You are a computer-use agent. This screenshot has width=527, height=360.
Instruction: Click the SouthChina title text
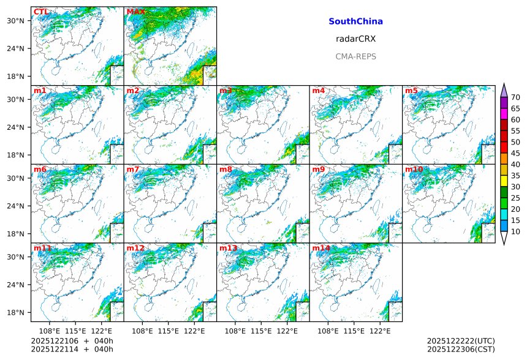(355, 21)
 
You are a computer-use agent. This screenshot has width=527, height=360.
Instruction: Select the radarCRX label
(355, 39)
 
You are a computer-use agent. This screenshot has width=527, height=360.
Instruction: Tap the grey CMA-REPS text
(355, 56)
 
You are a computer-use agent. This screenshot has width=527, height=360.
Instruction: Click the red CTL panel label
(41, 12)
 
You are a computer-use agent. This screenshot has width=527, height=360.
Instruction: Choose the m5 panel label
(411, 91)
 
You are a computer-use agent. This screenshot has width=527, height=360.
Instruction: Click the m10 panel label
(414, 170)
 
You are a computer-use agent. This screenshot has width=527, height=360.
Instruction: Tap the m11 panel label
(43, 248)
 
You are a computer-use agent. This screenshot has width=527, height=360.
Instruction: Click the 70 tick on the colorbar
(515, 97)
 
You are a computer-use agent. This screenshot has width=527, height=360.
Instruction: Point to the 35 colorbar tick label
(515, 176)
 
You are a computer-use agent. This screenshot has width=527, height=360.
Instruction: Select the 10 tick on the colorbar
(515, 231)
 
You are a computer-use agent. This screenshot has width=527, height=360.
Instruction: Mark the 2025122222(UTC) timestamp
(460, 341)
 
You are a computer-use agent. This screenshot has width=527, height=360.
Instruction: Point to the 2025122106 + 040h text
(72, 341)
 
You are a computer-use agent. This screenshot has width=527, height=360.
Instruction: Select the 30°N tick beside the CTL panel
(15, 21)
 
